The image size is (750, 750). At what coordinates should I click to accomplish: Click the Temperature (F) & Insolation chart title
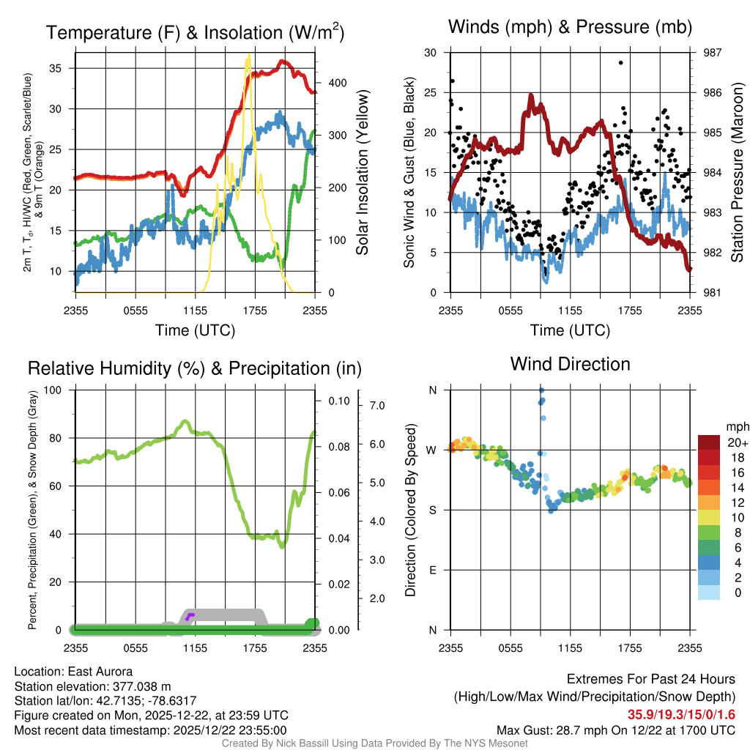coord(196,32)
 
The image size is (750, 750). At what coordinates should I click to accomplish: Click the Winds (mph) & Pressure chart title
coord(570,28)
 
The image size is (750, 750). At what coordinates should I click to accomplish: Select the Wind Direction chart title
coord(570,364)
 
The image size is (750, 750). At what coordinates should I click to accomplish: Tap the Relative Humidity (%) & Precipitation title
coord(194,368)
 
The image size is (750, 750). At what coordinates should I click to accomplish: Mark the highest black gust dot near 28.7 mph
coord(620,63)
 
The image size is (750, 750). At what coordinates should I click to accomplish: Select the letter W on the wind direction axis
coord(432,450)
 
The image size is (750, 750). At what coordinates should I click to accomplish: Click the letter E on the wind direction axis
coord(433,570)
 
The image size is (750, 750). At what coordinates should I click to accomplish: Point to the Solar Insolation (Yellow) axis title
coord(363,173)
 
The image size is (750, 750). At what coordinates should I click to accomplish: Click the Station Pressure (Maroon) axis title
coord(738,173)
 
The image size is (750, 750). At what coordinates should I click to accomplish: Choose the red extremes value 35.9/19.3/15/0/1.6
coord(681,713)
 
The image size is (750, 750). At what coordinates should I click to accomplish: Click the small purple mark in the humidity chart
coord(190,615)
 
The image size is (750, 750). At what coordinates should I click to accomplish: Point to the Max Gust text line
coord(615,729)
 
